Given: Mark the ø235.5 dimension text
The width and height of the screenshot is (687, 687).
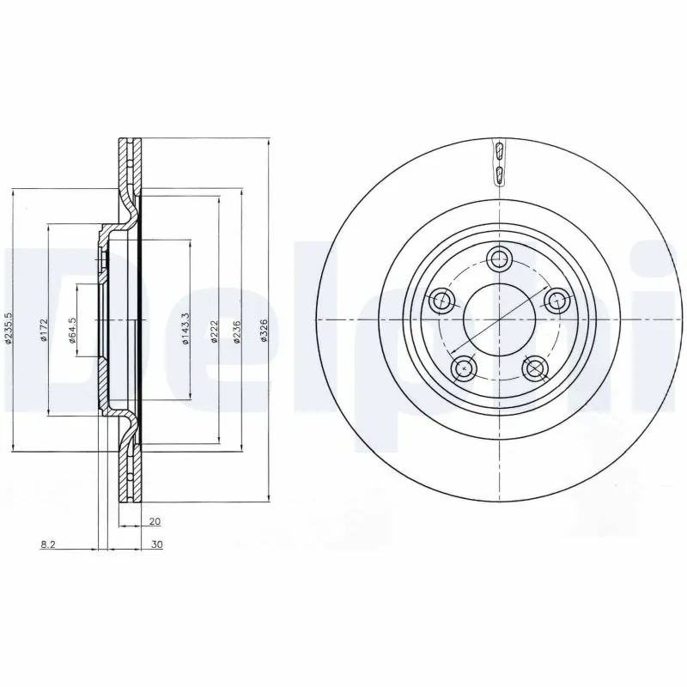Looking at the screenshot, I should click(8, 328).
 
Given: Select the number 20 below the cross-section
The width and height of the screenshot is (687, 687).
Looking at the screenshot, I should click(155, 521).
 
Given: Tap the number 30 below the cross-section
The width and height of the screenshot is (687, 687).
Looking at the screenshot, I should click(156, 544).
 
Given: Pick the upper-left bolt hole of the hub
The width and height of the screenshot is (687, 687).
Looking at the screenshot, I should click(442, 300).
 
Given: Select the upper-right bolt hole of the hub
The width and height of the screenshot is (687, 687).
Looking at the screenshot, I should click(557, 300).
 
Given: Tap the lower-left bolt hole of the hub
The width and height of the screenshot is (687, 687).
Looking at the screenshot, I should click(465, 368).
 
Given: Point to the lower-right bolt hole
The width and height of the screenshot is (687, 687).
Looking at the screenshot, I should click(536, 368).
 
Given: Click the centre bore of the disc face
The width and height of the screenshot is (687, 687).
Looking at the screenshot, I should click(500, 319).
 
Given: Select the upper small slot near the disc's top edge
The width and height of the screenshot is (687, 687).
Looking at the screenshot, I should click(499, 153).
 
